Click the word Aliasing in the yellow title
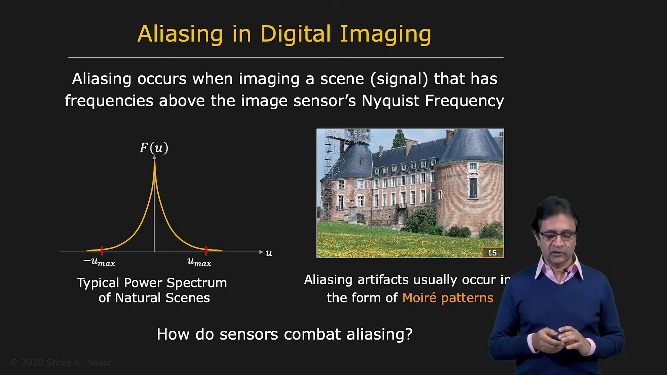point(180,34)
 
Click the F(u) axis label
point(154,148)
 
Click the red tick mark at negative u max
point(102,250)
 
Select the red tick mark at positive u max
point(206,250)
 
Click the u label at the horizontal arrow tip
point(269,253)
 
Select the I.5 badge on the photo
point(493,253)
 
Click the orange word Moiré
point(419,298)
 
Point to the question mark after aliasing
point(409,334)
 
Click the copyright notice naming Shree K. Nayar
point(61,363)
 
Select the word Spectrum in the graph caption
point(197,283)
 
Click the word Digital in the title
point(295,34)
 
